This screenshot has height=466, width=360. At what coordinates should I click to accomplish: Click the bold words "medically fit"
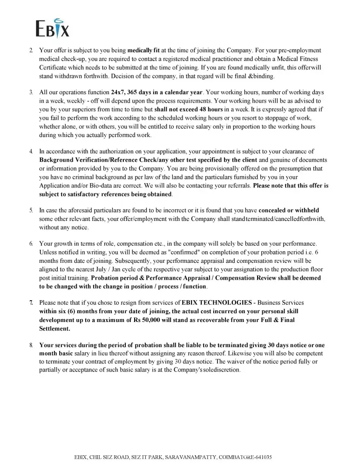144,50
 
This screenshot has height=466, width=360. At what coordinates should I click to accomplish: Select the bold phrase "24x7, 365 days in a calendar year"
157,92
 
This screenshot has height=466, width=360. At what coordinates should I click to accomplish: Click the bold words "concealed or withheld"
289,211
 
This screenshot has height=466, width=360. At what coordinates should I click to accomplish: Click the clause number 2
31,50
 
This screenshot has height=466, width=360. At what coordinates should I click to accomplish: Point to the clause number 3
31,92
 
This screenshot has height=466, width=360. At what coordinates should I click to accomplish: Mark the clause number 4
31,151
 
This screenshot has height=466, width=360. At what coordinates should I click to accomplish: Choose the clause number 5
31,211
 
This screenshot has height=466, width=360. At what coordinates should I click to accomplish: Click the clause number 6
31,244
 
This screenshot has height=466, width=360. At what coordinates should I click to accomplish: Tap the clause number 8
31,345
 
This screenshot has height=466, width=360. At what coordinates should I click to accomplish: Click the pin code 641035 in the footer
263,458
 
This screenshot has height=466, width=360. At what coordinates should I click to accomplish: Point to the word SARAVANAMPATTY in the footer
190,458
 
